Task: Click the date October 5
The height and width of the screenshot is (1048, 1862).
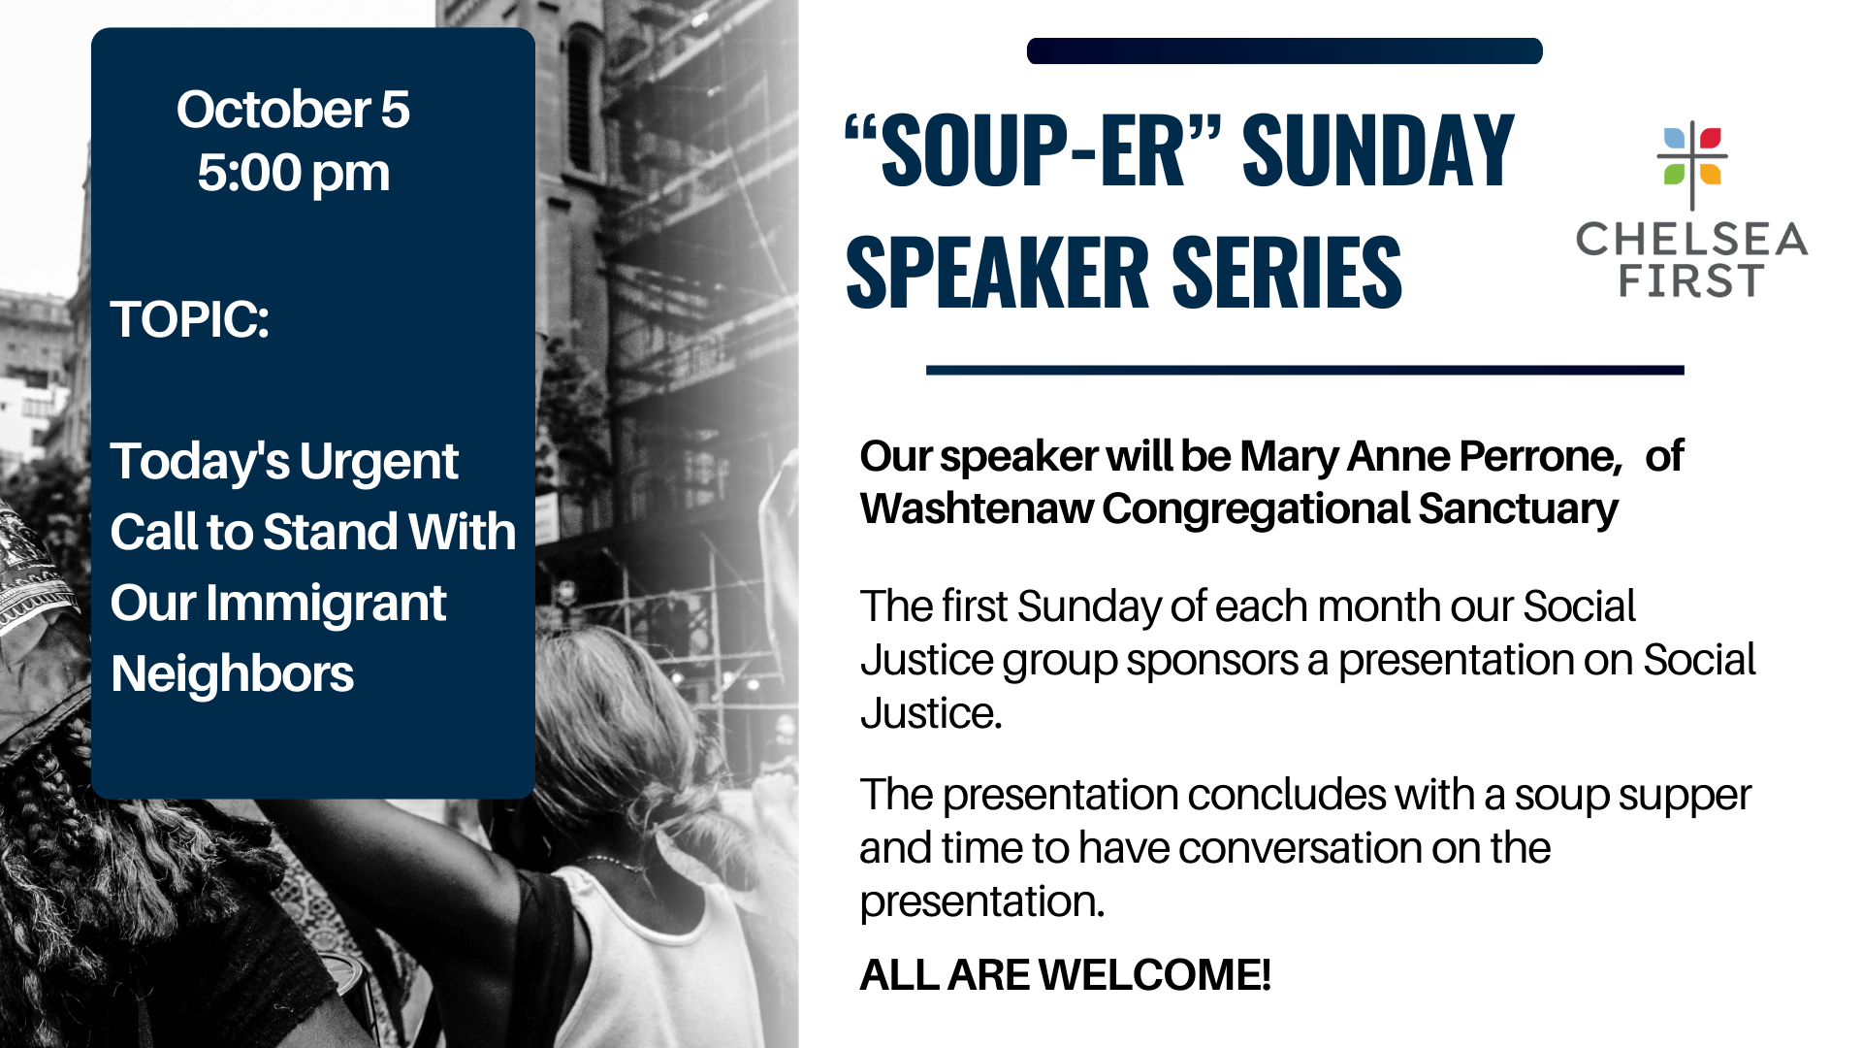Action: coord(293,109)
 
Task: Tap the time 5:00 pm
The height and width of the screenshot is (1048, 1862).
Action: coord(293,174)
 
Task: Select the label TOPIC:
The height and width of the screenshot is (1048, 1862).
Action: coord(189,319)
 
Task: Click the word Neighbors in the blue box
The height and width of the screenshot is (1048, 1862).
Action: coord(232,673)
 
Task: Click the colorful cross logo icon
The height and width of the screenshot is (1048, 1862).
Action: coord(1692,164)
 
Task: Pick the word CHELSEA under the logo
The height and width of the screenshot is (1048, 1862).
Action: coord(1692,239)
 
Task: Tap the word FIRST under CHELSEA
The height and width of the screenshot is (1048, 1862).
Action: coord(1690,281)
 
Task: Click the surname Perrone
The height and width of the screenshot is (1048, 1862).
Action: coord(1540,457)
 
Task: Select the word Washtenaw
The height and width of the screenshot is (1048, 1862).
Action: coord(976,509)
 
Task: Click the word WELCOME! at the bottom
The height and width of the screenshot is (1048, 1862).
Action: coord(1154,975)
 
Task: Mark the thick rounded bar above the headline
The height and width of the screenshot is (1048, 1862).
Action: coord(1285,51)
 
